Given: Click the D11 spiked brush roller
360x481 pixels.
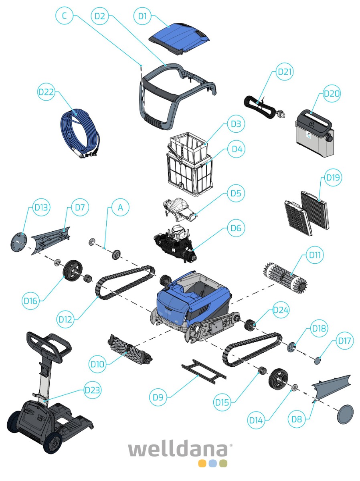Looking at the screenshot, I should [286, 276].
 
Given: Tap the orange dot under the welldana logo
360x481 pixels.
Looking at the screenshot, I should [202, 463].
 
